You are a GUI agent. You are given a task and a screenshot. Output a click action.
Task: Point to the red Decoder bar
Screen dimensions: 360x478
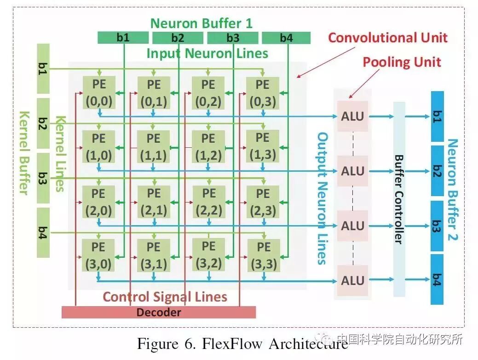coord(158,312)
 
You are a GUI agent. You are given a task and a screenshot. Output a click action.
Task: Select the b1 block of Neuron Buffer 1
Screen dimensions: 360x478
coord(123,38)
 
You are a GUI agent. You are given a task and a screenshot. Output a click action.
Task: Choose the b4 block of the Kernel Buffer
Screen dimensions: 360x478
coord(42,232)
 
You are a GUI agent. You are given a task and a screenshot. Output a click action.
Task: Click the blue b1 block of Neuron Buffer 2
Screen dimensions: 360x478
coord(437,116)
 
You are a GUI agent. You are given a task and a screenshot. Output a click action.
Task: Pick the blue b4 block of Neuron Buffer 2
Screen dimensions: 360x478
coord(437,279)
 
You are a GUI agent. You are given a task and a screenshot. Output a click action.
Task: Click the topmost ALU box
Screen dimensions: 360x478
coord(352,116)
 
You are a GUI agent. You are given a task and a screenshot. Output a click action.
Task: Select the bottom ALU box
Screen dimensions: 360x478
coord(352,280)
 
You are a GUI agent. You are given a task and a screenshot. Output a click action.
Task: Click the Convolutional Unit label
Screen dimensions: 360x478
coord(387,38)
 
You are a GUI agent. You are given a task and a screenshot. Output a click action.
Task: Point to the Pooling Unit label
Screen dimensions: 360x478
coord(402,62)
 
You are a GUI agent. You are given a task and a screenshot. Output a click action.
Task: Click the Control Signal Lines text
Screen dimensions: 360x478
coord(165,297)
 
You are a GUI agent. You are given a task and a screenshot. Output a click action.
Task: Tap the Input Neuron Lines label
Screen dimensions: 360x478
coord(207,53)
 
